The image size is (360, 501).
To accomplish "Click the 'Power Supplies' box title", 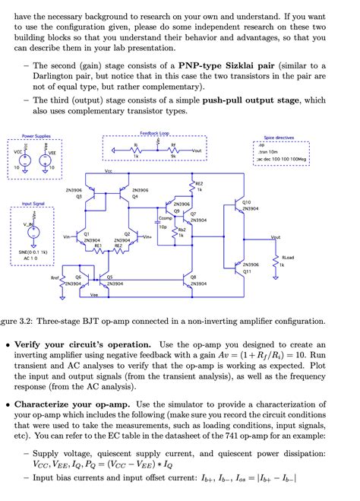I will [x=36, y=135].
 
